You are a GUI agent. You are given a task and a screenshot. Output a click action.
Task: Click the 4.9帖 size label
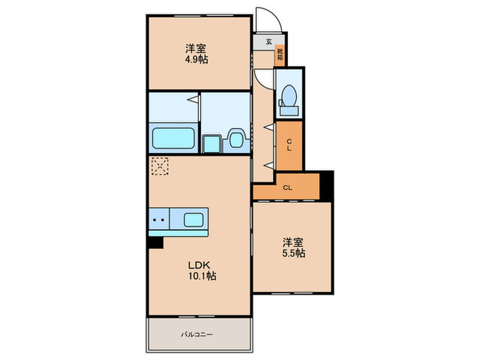click(196, 60)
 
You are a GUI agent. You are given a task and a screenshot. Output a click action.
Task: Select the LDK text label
click(199, 265)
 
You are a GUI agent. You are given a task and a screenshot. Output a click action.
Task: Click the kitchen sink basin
click(193, 221)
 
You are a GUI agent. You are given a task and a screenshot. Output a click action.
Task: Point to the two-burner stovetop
click(159, 221)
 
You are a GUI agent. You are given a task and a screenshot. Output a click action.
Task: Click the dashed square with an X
click(159, 166)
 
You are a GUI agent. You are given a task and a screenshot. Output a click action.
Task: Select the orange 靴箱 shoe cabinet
click(280, 53)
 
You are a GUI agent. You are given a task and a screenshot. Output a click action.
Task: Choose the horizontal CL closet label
click(288, 187)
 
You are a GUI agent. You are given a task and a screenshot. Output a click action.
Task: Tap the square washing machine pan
click(212, 141)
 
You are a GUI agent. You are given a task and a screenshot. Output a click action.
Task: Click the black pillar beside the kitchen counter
click(156, 241)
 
